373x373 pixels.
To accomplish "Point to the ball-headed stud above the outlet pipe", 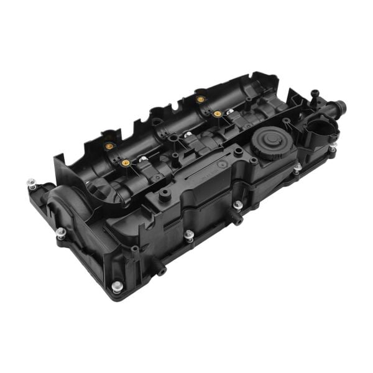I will point(315,94).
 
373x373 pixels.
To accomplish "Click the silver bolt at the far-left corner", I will point(32,184).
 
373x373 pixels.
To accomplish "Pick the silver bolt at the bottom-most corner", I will point(116,287).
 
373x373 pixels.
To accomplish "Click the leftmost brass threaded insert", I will point(109,146).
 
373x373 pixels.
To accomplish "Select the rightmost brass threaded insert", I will point(218,114).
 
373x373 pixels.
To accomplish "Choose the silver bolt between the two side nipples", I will point(189,235).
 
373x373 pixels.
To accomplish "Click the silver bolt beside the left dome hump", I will point(60,233).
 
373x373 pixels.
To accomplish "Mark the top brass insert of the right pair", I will point(200,99).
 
